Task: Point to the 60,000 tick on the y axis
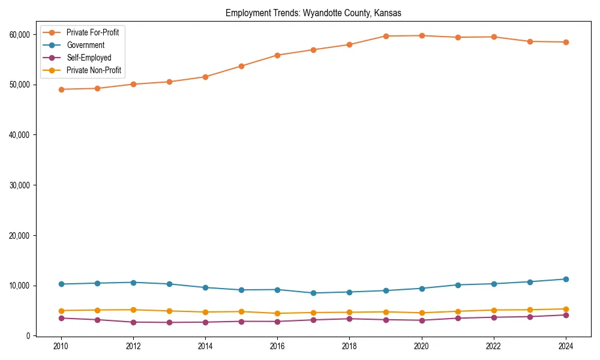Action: coord(21,35)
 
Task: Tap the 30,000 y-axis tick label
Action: coord(21,185)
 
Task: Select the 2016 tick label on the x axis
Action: coord(277,346)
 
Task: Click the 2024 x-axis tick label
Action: coord(565,346)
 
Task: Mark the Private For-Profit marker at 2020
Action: coord(421,35)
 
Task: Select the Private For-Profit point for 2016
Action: coord(277,55)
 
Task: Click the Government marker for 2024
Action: coord(565,279)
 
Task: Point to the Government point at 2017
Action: coord(313,293)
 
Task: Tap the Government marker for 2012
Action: coord(133,282)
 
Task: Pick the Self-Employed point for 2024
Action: coord(565,315)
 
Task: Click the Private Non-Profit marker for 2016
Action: coord(277,313)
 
